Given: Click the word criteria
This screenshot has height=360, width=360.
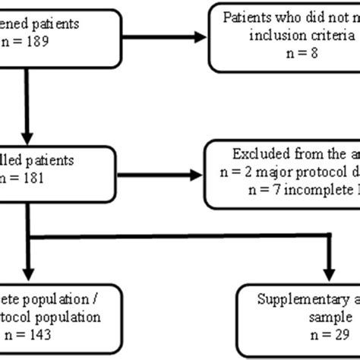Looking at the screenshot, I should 324,37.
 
